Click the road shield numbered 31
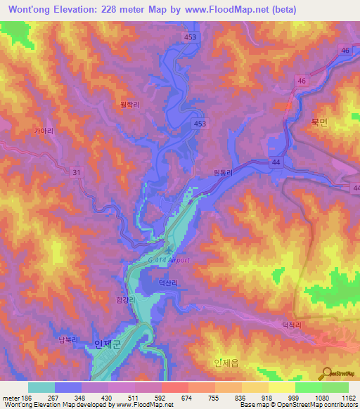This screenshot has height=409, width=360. [x=76, y=171]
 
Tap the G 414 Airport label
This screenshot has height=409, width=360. [x=169, y=260]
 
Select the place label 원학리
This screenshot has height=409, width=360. [x=131, y=104]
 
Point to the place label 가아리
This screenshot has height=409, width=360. [x=44, y=131]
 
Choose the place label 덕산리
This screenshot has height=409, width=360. [x=169, y=283]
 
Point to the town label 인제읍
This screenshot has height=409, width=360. [x=225, y=363]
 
